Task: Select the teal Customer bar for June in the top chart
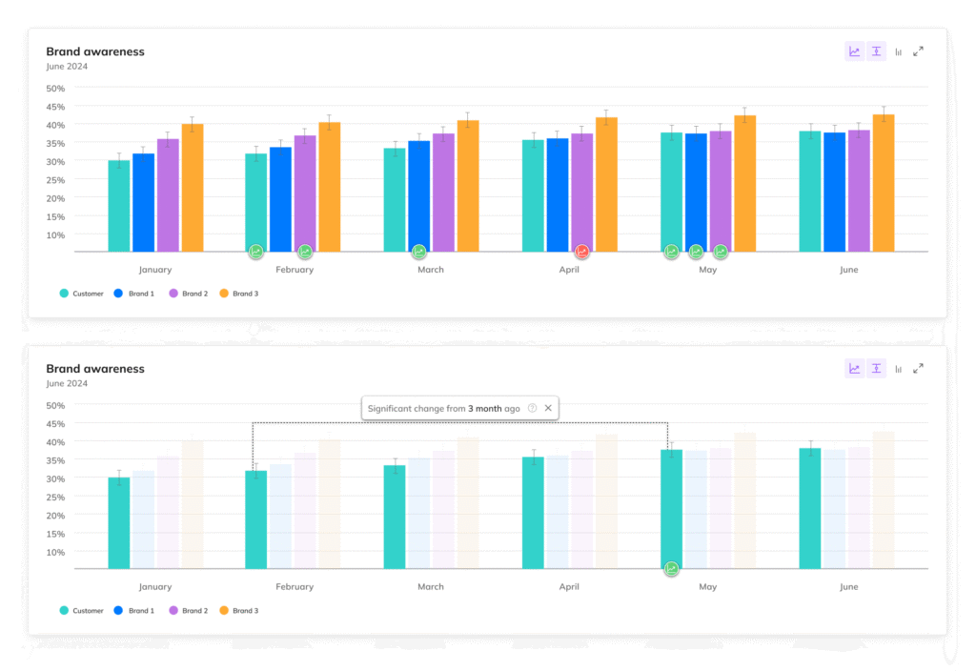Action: (x=809, y=191)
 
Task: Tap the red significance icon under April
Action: (x=581, y=252)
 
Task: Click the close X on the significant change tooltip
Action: (x=548, y=408)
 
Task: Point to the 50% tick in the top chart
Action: (x=55, y=88)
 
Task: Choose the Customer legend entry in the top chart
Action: (x=81, y=294)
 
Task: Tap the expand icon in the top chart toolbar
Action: (x=918, y=51)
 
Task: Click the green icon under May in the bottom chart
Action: (x=672, y=569)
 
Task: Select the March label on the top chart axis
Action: (x=431, y=270)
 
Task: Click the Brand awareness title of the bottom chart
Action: (x=95, y=369)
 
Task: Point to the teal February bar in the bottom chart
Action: (x=255, y=519)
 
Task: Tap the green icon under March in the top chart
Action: (x=419, y=252)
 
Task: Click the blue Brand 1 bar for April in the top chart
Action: (x=557, y=195)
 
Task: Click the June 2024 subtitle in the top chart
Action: (x=67, y=66)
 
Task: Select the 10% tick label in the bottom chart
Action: (x=55, y=552)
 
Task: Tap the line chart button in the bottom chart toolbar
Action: (x=855, y=369)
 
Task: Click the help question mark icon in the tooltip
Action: (x=533, y=408)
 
